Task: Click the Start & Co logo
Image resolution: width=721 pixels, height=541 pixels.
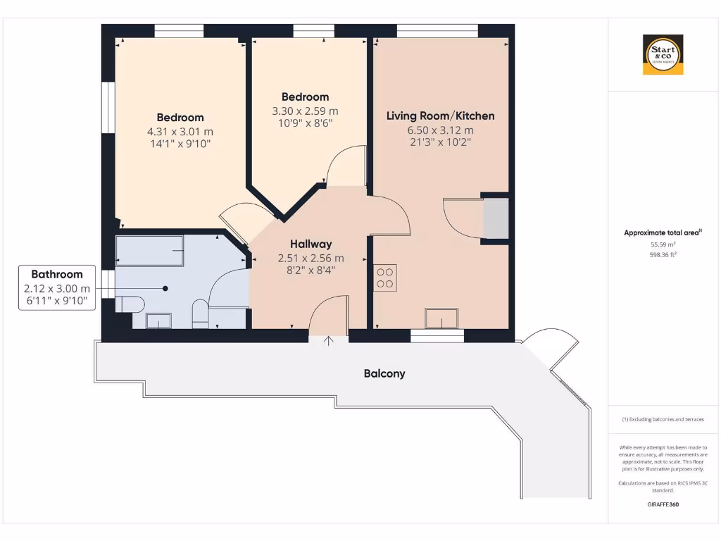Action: point(663,54)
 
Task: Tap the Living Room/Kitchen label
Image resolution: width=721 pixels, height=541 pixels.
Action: point(440,116)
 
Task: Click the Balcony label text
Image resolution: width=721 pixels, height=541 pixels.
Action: point(384,373)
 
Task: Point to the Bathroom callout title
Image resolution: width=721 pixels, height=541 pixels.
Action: point(57,274)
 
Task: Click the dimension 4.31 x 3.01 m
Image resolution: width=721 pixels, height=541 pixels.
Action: point(180,131)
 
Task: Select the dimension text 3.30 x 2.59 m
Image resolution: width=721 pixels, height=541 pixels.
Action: point(305,111)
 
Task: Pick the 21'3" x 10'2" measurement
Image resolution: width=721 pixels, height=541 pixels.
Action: point(439,142)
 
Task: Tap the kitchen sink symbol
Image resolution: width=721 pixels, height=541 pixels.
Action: point(441,318)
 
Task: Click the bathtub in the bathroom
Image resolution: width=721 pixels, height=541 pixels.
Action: point(149,250)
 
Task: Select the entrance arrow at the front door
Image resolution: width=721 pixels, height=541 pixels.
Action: point(329,342)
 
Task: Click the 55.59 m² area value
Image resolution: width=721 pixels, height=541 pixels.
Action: point(663,244)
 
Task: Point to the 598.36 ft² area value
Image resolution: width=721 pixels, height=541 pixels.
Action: point(663,255)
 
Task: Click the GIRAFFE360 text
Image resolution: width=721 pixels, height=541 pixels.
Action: point(663,504)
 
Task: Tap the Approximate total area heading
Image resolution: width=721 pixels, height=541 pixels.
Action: point(662,232)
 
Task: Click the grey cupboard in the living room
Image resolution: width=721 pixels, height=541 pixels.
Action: point(496,218)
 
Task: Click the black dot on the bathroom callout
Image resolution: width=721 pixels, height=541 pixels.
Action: point(165,288)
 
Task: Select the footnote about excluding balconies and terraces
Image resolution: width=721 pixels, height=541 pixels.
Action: point(663,419)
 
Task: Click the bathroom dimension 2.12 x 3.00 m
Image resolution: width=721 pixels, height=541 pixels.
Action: point(57,288)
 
